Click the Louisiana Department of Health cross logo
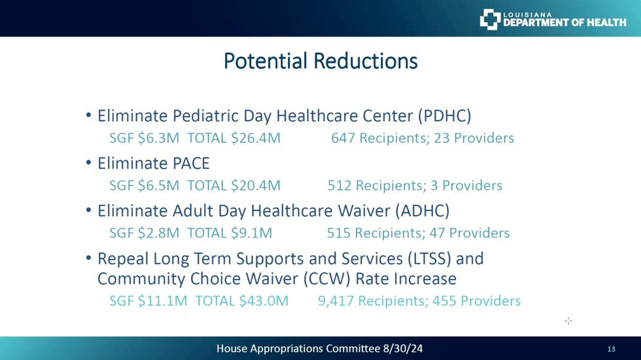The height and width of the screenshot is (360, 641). click(x=490, y=19)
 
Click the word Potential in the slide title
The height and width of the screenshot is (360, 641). click(x=266, y=62)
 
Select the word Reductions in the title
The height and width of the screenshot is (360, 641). click(x=366, y=61)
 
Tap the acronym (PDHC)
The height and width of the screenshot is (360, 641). click(x=444, y=116)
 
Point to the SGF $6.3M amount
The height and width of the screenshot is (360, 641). click(x=145, y=138)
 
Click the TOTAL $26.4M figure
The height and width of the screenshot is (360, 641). click(x=234, y=138)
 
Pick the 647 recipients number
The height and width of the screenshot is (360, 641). click(x=343, y=138)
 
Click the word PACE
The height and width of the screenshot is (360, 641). click(x=191, y=164)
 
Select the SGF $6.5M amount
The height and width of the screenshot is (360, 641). click(x=145, y=186)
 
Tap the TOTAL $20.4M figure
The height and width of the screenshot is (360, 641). click(x=234, y=186)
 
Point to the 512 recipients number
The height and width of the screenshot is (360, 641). click(x=339, y=186)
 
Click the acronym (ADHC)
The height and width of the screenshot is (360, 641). click(x=423, y=211)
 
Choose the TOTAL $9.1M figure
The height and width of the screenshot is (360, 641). click(x=230, y=233)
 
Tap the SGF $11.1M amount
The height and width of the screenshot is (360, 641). click(x=148, y=301)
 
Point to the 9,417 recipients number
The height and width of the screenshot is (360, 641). click(x=336, y=301)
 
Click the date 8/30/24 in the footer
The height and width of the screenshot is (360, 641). click(x=403, y=348)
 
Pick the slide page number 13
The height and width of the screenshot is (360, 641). click(x=611, y=349)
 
